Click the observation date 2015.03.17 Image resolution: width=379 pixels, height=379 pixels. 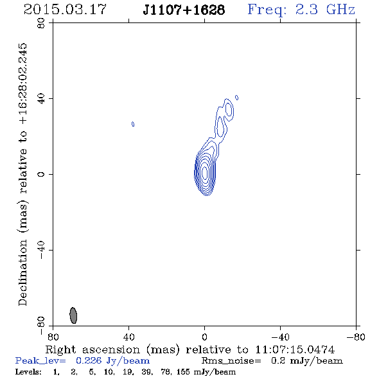point(65,10)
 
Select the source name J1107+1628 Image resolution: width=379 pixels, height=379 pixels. point(184,10)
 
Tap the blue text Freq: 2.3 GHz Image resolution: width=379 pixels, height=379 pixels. point(301,10)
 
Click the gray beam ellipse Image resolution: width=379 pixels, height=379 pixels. point(73,315)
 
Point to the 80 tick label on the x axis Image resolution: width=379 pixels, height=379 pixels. point(53,337)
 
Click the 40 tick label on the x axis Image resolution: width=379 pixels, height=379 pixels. point(128,337)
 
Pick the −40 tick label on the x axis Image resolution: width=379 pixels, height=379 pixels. point(280,337)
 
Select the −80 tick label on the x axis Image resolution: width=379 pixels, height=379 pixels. point(356,337)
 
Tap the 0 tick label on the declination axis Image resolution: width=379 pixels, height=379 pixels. point(41,174)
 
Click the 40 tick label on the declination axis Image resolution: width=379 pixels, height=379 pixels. point(41,99)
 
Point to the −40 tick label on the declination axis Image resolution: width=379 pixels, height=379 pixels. point(41,250)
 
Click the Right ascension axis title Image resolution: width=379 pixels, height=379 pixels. point(190,349)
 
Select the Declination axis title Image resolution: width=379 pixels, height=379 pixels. point(22,175)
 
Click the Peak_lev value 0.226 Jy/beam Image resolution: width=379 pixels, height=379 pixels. point(112,361)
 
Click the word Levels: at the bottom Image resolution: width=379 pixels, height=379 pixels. point(28,371)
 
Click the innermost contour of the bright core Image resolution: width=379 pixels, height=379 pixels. point(205,172)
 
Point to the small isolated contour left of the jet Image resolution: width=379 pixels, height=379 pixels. point(133,124)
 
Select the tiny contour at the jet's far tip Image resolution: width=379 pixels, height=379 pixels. point(237,98)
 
